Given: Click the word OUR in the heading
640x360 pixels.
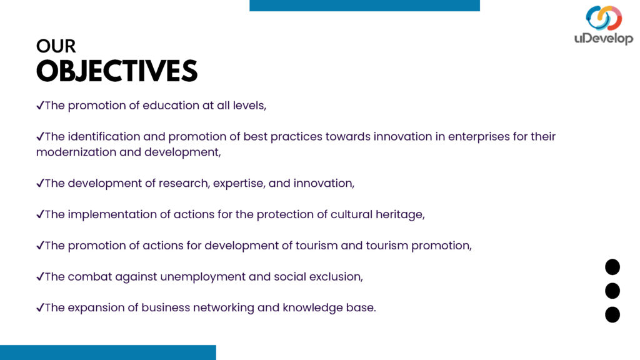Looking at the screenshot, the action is [x=56, y=46].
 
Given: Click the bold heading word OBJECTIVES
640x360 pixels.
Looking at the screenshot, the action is [x=117, y=71].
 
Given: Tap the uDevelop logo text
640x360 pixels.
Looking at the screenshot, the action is [x=604, y=38].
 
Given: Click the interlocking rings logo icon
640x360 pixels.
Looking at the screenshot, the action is [x=604, y=17].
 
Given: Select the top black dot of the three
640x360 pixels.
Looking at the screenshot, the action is [x=612, y=267].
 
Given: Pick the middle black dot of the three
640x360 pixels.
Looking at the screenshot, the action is [x=612, y=291].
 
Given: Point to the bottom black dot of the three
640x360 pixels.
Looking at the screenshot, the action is [x=612, y=315].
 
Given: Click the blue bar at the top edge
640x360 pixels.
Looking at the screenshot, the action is [x=364, y=5].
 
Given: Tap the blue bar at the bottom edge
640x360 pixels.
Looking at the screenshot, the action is [x=107, y=352].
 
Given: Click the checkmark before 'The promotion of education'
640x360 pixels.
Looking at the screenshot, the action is [x=40, y=106].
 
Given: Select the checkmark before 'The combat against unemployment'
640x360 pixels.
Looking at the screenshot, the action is [x=40, y=277].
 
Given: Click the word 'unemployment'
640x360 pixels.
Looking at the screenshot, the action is [x=203, y=277].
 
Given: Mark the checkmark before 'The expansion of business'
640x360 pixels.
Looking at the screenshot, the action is [x=40, y=307].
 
